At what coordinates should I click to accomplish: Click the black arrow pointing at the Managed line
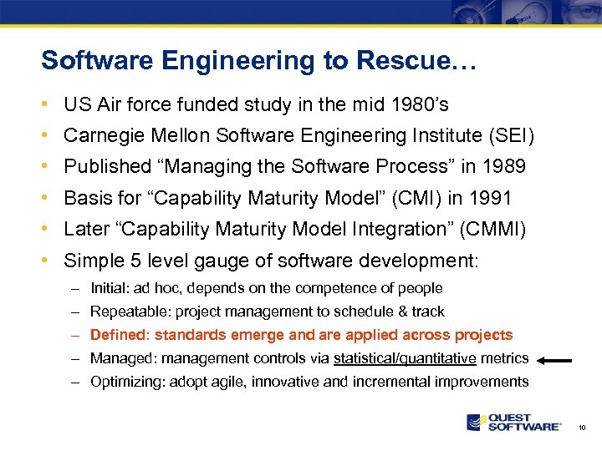point(555,361)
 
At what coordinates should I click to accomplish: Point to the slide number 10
point(582,428)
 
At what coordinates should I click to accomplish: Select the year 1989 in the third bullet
point(504,167)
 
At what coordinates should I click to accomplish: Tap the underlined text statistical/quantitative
point(405,358)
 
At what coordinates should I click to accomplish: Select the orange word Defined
point(118,335)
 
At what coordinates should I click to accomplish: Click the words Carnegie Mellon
point(132,135)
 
